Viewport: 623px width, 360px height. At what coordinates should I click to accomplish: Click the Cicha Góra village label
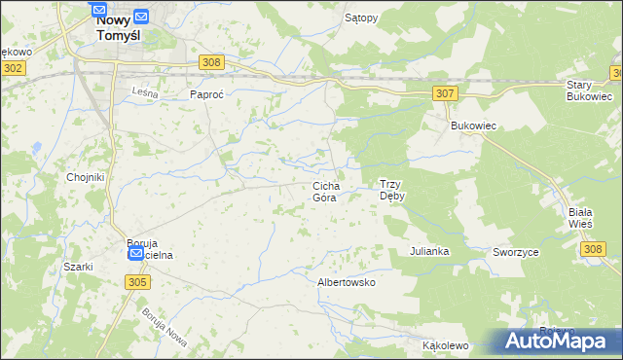pos(324,191)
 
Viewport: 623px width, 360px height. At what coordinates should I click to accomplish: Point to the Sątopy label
pos(361,18)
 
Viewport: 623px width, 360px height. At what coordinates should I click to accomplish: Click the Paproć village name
pos(206,94)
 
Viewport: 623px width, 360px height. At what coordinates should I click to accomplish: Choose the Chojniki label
pos(85,177)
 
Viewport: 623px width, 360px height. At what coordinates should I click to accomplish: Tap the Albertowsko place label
pos(347,282)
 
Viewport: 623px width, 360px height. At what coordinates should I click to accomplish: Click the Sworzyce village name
pos(516,251)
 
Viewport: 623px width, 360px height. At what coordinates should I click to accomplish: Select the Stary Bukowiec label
pos(589,90)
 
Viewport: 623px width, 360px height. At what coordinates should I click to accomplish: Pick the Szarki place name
pos(78,267)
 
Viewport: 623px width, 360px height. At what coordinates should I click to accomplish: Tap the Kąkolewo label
pos(446,345)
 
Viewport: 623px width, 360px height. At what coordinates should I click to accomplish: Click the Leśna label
pos(144,91)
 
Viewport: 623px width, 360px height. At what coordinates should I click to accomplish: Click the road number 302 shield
pos(13,68)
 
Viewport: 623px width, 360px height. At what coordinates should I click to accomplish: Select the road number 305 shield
pos(137,281)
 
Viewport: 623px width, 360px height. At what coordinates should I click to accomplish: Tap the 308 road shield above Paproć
pos(211,62)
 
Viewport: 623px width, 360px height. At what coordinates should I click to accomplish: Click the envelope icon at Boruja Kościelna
pos(136,254)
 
